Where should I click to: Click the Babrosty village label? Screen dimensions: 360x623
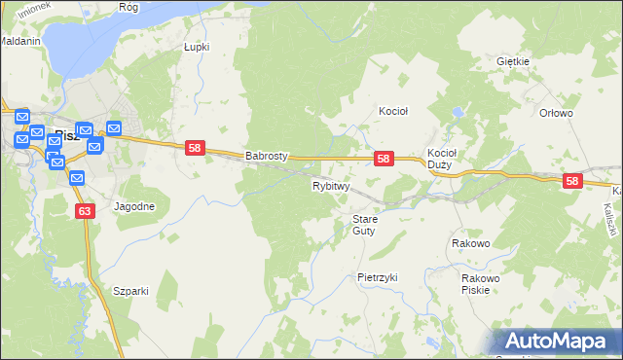(x=266, y=155)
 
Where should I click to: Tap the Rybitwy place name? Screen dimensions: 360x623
(x=330, y=185)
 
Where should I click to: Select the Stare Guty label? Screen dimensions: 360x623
(x=364, y=225)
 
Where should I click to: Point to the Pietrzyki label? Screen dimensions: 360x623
(x=378, y=277)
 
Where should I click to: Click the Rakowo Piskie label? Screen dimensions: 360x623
(x=481, y=284)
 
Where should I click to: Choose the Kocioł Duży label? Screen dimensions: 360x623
(x=443, y=159)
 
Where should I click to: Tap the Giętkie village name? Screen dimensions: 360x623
(x=512, y=61)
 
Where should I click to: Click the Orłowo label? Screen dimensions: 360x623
(x=556, y=113)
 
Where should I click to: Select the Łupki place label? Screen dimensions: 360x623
(x=197, y=46)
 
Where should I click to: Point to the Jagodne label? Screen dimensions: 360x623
(x=134, y=207)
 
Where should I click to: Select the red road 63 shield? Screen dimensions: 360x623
(x=85, y=210)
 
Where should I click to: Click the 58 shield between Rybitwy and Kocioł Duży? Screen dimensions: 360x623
(x=384, y=159)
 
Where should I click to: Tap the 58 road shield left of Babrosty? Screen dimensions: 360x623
(x=195, y=147)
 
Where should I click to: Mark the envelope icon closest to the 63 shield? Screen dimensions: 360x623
(x=77, y=178)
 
